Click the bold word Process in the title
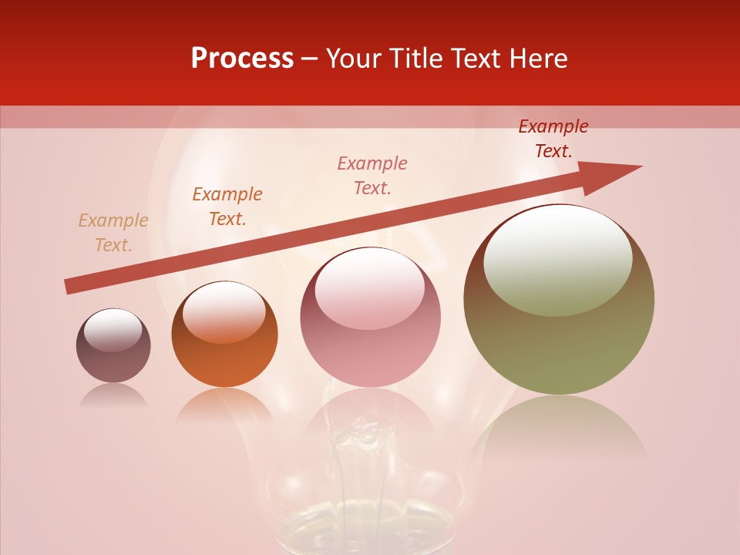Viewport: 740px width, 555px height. (x=242, y=59)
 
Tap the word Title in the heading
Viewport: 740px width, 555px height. (x=416, y=59)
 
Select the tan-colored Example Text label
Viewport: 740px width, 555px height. (x=113, y=233)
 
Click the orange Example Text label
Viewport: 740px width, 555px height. (x=227, y=207)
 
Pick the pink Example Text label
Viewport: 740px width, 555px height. (x=372, y=176)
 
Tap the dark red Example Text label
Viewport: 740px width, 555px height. (x=553, y=139)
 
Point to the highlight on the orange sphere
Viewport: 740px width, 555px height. (x=224, y=310)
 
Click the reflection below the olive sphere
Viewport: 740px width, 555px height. (x=559, y=428)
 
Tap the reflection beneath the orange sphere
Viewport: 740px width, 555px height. (x=224, y=405)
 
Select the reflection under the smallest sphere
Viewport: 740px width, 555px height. (x=113, y=395)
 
